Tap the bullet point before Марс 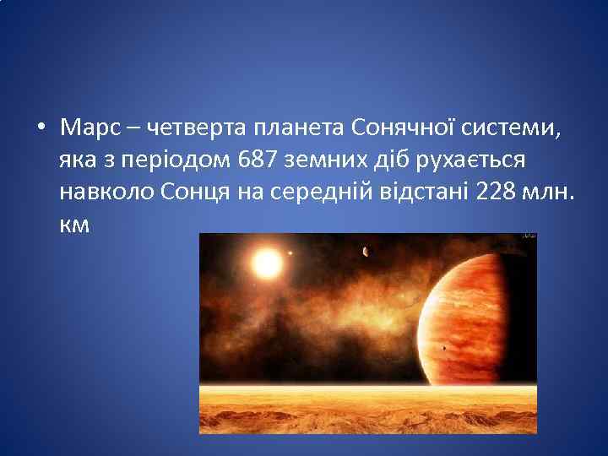(x=41, y=129)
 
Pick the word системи (x=517, y=128)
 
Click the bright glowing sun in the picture (x=267, y=264)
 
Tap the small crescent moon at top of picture (x=365, y=251)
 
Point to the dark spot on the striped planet (x=444, y=348)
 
